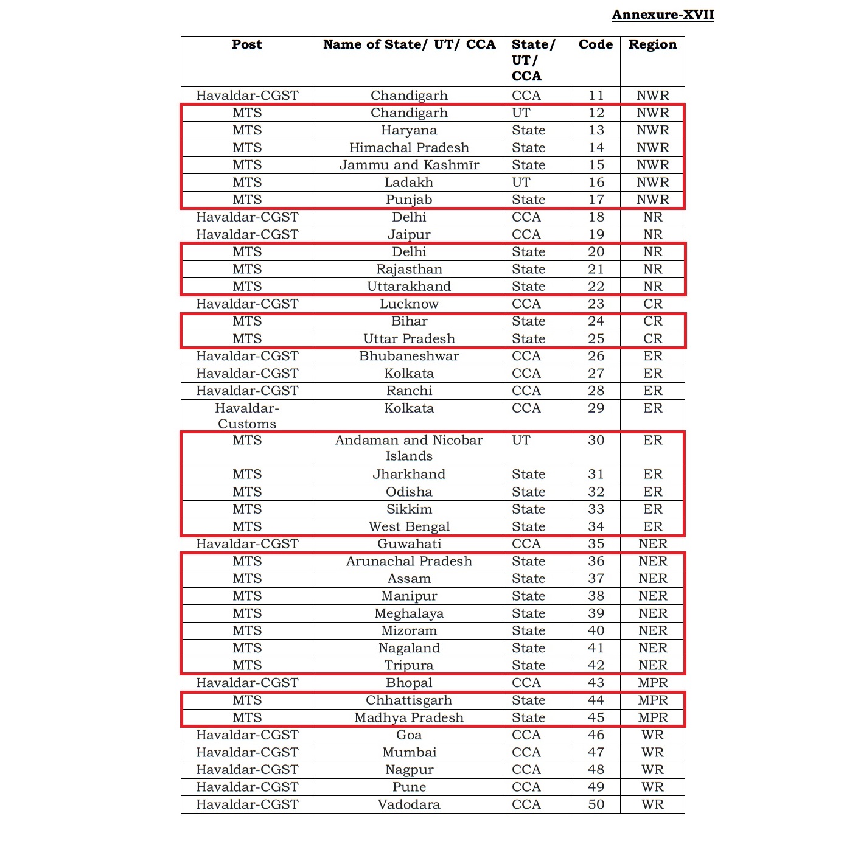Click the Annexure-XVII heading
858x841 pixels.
(663, 15)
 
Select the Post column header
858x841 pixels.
(246, 44)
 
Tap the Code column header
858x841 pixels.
(595, 44)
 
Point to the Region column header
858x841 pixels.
(652, 44)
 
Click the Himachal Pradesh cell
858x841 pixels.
(409, 148)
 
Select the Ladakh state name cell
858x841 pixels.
(409, 183)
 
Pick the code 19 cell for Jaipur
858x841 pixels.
(596, 235)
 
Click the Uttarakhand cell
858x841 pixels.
(409, 287)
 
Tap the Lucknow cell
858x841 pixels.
(409, 304)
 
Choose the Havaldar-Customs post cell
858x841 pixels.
(246, 416)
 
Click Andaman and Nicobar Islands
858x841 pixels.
(409, 448)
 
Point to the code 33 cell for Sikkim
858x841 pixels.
(596, 509)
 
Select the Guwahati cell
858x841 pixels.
(409, 544)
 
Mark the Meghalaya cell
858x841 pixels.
(409, 613)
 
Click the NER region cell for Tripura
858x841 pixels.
(652, 666)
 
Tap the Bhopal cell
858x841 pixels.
(409, 683)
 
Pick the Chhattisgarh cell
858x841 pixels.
(409, 700)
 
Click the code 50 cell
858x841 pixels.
(596, 804)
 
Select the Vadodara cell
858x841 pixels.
(409, 804)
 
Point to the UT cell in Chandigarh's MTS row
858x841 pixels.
(521, 113)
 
